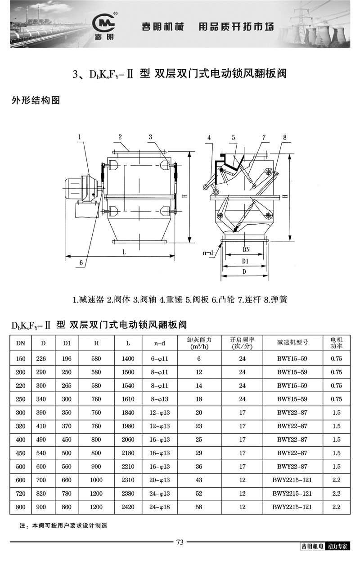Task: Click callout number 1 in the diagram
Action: pos(79,136)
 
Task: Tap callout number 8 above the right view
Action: pos(285,137)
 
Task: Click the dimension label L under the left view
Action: pos(124,252)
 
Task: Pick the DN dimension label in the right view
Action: pos(246,249)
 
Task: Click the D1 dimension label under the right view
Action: pos(246,261)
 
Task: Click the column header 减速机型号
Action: pos(292,343)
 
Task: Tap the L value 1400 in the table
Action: pos(128,358)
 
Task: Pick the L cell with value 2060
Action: pos(128,439)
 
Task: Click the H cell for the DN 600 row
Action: pos(96,480)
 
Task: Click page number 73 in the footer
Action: pos(180,542)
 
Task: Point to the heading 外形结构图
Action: pos(36,100)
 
